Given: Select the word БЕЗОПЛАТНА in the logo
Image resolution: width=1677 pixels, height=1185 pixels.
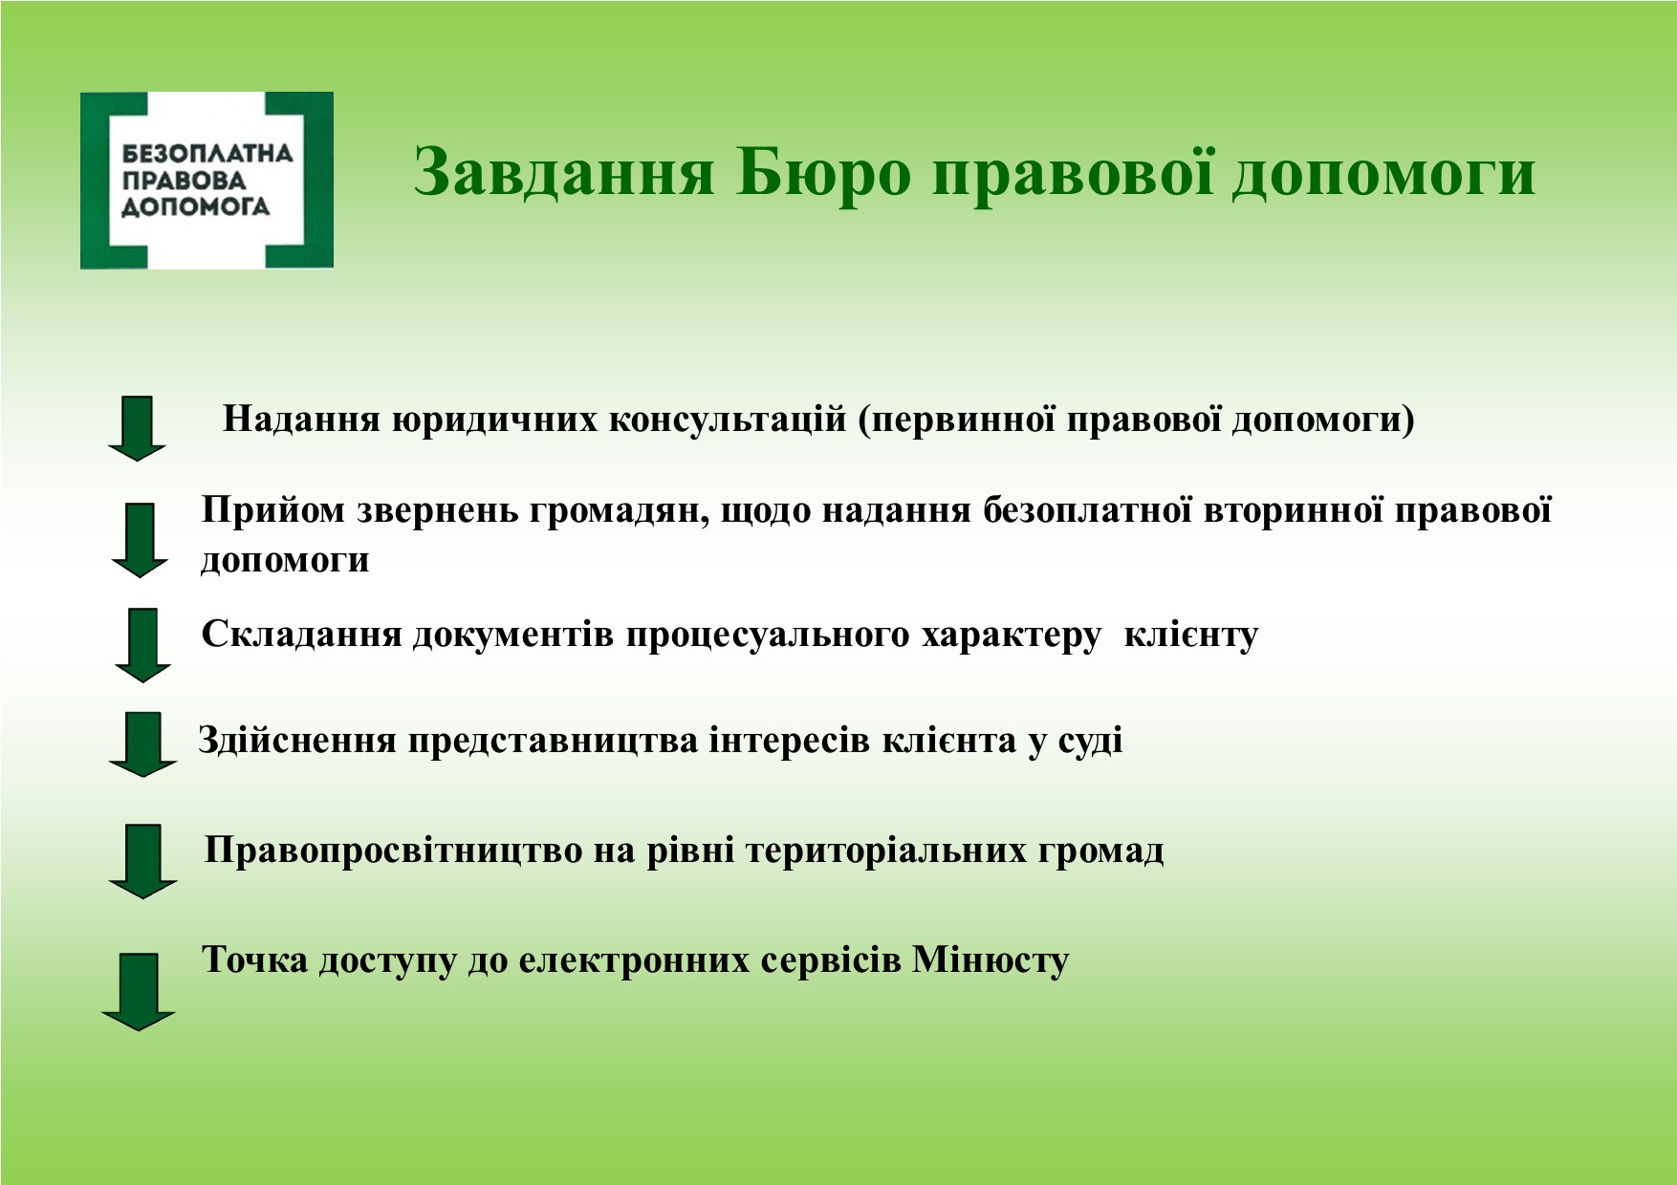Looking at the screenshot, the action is pos(207,153).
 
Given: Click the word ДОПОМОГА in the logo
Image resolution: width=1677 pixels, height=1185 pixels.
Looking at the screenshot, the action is pos(196,206).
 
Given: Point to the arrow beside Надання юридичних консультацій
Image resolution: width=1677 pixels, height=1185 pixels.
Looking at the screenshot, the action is pos(138,428).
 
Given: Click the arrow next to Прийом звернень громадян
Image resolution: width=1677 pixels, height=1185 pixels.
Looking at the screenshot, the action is pos(140,540).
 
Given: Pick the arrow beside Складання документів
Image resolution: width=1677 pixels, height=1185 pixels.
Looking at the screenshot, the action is pos(142,645).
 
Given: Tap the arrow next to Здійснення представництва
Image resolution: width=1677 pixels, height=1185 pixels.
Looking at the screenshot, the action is pos(143,744).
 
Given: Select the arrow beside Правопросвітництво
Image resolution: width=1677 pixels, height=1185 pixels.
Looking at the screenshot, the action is pos(143,861).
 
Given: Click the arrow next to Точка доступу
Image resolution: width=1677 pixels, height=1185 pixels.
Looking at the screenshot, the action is pos(139,991).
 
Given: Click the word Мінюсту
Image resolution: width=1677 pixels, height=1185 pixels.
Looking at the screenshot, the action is pos(991,960).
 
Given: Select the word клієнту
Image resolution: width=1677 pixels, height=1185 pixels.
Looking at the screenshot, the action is pos(1191,635).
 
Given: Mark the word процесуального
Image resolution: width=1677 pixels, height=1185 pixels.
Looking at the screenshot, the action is pos(768,636).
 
